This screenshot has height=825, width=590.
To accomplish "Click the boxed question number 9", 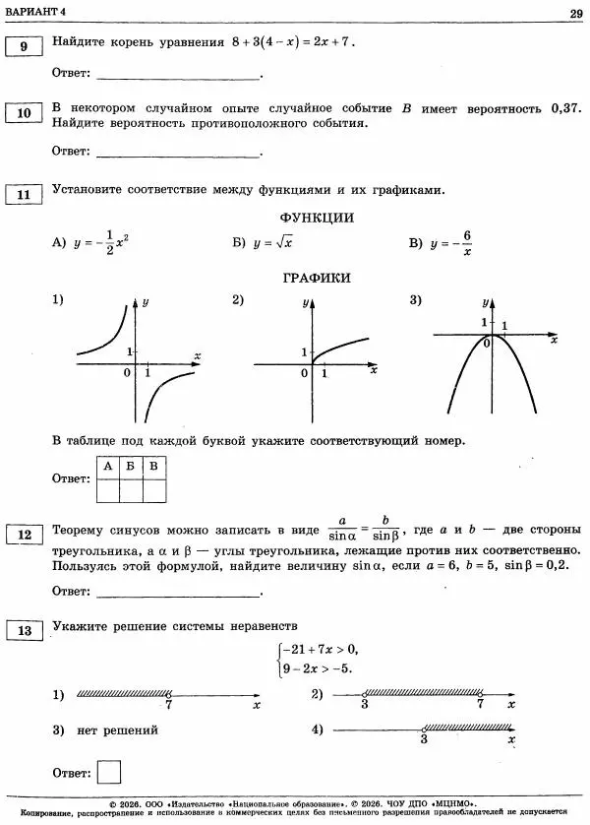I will [24, 45].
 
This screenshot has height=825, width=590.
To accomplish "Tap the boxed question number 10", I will [24, 114].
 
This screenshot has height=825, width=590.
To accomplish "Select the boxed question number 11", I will [24, 195].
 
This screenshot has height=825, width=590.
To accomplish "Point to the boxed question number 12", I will [24, 535].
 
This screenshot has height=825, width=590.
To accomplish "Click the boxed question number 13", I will [24, 629].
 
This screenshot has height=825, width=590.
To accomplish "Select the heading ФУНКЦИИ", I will [316, 219].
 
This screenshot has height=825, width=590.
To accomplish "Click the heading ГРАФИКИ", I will [316, 279].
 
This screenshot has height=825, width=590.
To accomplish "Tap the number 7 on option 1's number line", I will [169, 706].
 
